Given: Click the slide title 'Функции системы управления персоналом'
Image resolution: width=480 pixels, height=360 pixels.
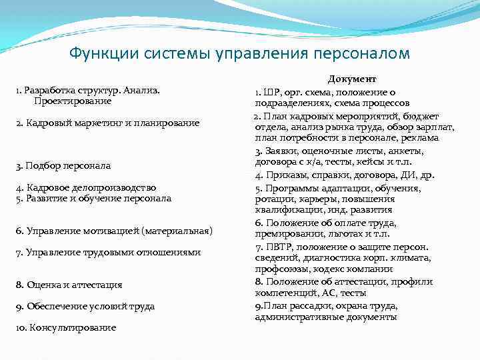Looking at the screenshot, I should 240,53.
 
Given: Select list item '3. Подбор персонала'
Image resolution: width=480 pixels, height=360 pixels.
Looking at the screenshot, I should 64,165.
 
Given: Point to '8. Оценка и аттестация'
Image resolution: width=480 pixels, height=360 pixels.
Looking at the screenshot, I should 69,285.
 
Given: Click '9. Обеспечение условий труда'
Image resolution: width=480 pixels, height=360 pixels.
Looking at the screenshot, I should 85,306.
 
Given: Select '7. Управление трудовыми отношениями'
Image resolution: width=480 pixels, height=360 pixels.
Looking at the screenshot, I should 108,252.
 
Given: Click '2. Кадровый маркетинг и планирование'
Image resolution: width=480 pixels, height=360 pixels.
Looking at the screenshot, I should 107,123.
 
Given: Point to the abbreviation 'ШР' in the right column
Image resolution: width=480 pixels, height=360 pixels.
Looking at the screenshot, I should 269,93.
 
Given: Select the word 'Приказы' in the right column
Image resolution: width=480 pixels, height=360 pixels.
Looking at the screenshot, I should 285,175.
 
